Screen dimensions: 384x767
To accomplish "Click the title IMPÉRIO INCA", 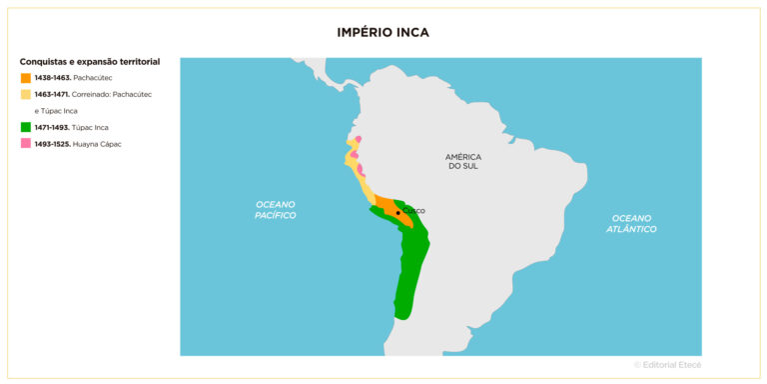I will pos(383,32).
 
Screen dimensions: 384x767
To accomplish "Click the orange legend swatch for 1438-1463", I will pos(25,77).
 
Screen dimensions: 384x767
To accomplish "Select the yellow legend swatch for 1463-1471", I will pos(25,94).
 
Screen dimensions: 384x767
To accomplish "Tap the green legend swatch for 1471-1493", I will pos(25,127).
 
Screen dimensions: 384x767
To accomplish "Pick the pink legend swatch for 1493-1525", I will pos(25,144).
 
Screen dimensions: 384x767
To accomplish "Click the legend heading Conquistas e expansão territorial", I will pos(89,61).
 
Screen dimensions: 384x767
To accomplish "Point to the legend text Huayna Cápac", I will pos(98,144).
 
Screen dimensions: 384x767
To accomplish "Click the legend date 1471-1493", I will pos(52,127).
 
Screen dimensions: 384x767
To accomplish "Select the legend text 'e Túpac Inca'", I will pos(56,111).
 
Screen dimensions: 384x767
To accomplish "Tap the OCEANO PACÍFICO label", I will pos(275,209).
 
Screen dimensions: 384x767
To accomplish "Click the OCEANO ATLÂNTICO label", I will pos(631,223).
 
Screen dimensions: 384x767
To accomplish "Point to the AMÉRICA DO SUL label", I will pos(463,161).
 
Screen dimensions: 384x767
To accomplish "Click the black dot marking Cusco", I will pos(397,213).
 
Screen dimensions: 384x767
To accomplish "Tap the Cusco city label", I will pos(413,211).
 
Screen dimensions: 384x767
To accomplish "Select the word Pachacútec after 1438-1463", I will pos(93,77).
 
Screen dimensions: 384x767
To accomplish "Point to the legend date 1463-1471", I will pos(52,94).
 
